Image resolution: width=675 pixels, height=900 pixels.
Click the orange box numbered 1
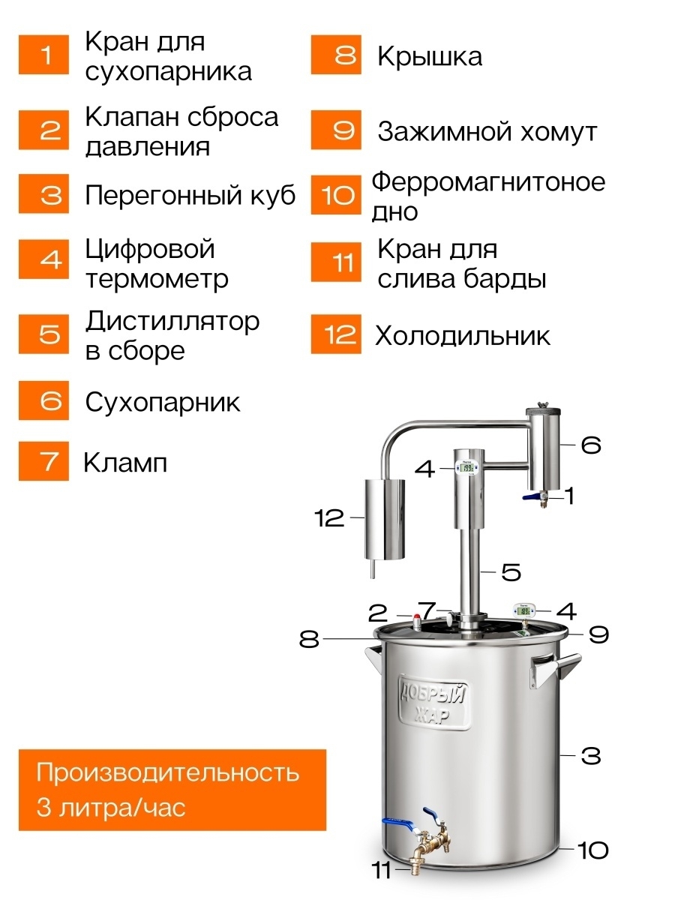click(x=43, y=55)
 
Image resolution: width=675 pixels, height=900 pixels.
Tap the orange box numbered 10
click(x=336, y=195)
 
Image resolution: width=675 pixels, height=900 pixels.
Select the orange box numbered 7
click(x=43, y=461)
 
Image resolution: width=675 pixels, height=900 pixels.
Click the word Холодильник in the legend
click(x=463, y=336)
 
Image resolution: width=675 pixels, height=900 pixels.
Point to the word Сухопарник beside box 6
click(x=162, y=402)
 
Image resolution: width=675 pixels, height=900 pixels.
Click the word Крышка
click(x=430, y=56)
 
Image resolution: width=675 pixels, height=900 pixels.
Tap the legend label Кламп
click(x=125, y=463)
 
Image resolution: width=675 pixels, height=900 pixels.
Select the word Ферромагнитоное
click(x=488, y=182)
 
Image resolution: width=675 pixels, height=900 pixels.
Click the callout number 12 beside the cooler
click(x=329, y=517)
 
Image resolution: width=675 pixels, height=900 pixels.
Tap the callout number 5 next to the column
click(x=511, y=572)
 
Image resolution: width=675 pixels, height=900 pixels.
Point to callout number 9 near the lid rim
click(x=598, y=634)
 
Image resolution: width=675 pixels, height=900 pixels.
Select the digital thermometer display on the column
click(x=468, y=467)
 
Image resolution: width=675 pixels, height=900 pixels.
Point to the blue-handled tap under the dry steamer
click(x=535, y=499)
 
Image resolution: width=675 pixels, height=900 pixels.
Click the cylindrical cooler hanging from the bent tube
click(x=385, y=520)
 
